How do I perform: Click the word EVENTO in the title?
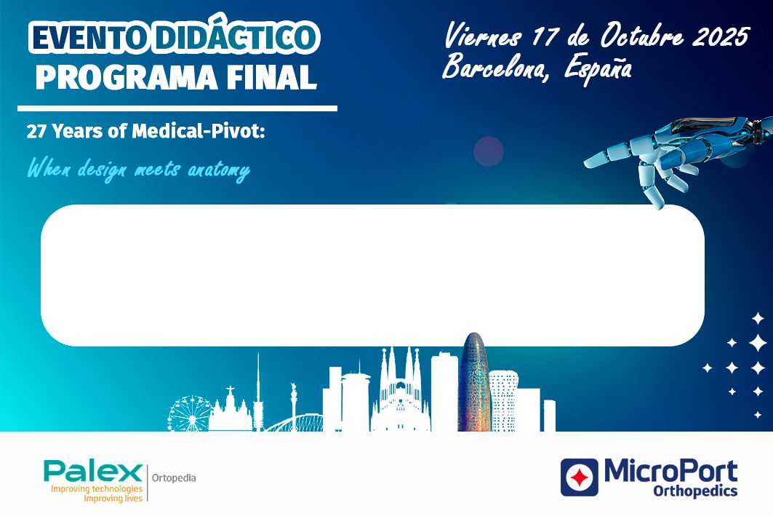[89, 39]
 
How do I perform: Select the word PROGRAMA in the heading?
[127, 77]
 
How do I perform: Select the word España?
[598, 68]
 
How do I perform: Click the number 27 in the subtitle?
[36, 132]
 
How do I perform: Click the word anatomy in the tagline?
[218, 171]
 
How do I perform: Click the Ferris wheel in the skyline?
[190, 413]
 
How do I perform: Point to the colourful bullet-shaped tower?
[473, 382]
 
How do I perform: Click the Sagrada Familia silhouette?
[400, 389]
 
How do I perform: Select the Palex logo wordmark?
[92, 472]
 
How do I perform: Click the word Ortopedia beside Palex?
[174, 477]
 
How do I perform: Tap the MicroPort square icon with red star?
[580, 477]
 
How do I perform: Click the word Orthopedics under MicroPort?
[695, 491]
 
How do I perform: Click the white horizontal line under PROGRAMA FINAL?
[177, 108]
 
